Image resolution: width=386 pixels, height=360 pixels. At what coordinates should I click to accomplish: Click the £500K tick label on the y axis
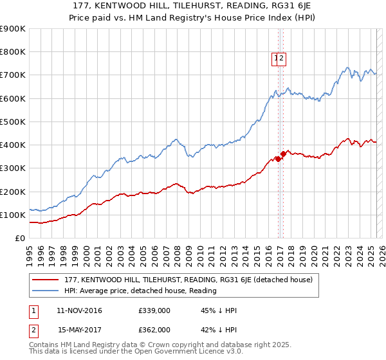point(13,122)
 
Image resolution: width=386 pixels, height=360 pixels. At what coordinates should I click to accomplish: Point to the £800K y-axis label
point(13,52)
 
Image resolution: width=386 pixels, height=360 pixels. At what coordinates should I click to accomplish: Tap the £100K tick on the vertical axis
point(13,215)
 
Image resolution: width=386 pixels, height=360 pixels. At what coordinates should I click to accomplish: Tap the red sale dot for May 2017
point(283,154)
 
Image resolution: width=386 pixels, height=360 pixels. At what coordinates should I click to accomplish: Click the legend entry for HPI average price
point(140,291)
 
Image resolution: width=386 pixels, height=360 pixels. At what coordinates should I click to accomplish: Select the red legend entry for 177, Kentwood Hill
point(188,280)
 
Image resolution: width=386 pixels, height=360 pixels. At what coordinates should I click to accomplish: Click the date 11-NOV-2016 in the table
point(80,311)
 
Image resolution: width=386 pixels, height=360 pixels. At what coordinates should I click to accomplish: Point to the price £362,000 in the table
point(154,330)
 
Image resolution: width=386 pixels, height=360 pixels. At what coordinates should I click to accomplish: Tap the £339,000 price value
point(154,311)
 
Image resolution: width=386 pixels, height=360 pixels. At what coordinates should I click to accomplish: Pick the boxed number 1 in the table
point(33,311)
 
